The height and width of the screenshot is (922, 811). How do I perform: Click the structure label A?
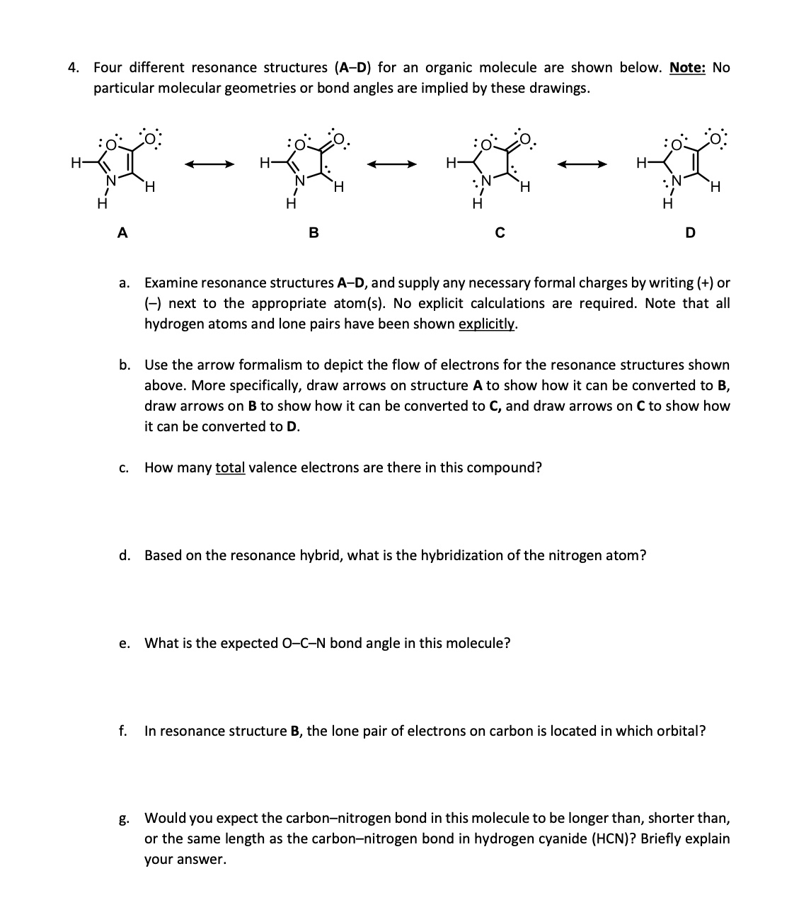click(122, 232)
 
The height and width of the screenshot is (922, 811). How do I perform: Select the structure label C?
click(499, 232)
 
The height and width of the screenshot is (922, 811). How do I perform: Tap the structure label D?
click(691, 232)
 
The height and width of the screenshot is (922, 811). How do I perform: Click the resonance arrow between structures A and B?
click(209, 165)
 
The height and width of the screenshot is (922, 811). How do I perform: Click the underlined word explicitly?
click(488, 324)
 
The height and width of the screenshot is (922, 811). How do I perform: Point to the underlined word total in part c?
click(230, 468)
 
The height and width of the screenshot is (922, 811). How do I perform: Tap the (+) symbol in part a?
click(704, 283)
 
